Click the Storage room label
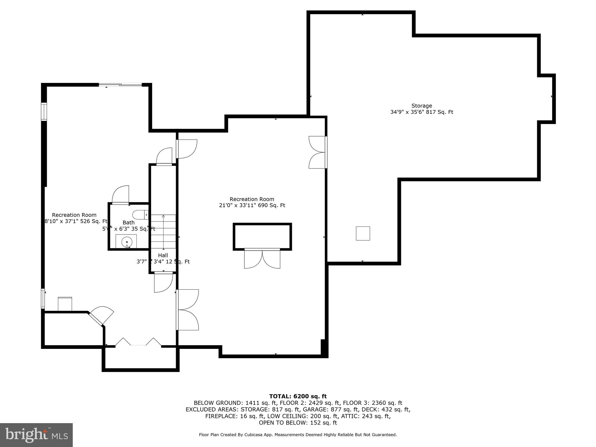point(421,106)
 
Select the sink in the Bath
point(127,242)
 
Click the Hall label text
point(163,255)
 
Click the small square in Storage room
point(363,233)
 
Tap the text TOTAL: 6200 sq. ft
point(298,396)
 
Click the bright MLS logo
point(36,435)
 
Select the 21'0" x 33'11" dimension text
point(252,205)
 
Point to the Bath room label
point(128,222)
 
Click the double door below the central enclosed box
point(262,258)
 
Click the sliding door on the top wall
point(120,85)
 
